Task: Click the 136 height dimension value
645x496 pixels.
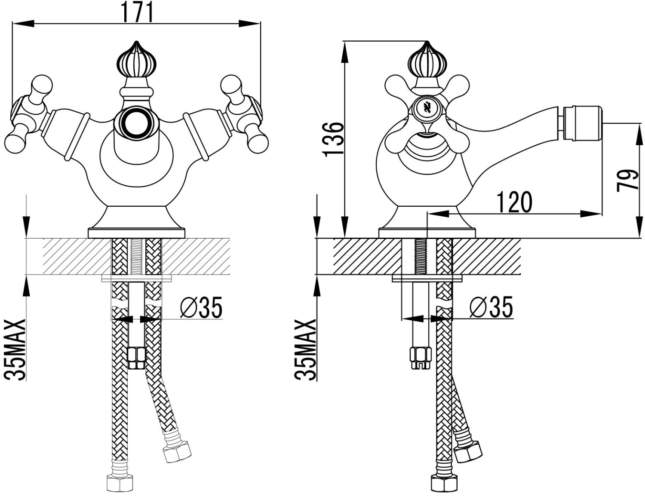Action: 333,139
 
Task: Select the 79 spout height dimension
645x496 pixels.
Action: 627,181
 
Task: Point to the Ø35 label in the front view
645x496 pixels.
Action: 201,307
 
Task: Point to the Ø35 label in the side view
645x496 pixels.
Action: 491,307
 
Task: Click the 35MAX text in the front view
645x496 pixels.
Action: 15,350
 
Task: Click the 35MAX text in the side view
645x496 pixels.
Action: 305,350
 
